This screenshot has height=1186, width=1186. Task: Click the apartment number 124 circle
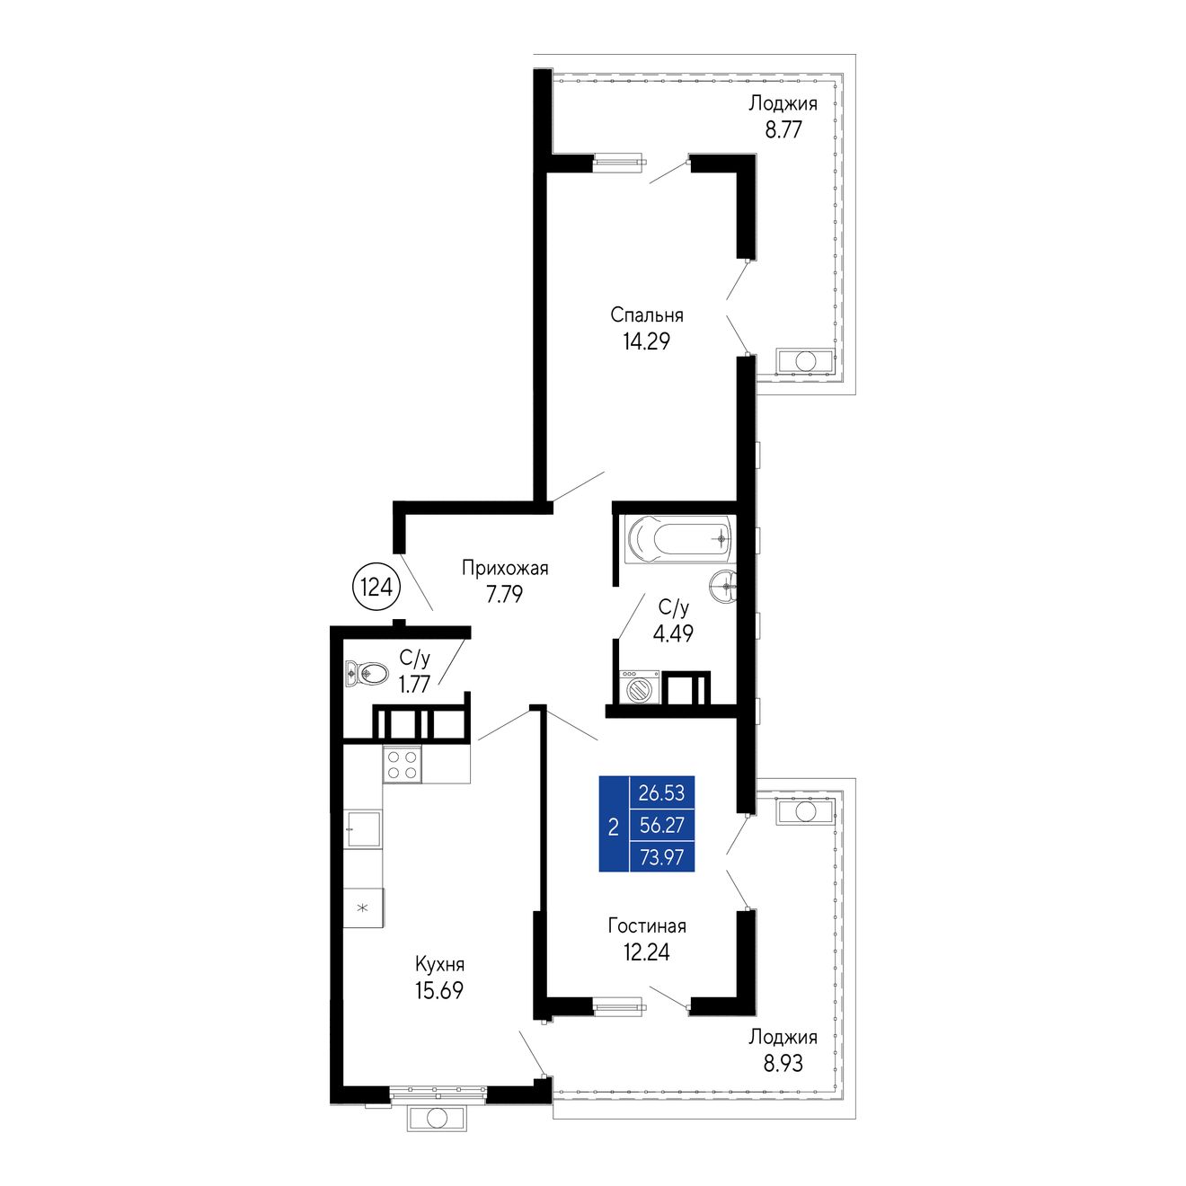[x=376, y=588]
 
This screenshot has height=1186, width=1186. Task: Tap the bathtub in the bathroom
[x=678, y=539]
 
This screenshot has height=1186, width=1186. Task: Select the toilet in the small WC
[x=367, y=673]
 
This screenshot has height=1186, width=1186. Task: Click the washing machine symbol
[x=640, y=687]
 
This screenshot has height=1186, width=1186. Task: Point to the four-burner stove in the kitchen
[x=402, y=764]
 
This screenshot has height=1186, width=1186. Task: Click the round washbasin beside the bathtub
[x=724, y=586]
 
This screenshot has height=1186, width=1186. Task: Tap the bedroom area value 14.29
[x=646, y=341]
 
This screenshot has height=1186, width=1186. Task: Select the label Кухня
[x=439, y=963]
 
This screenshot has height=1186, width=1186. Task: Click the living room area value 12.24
[x=646, y=952]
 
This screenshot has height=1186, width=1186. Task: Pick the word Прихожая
[x=505, y=568]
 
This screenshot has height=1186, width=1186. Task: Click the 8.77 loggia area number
[x=783, y=130]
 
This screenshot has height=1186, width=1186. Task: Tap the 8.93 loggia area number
[x=783, y=1063]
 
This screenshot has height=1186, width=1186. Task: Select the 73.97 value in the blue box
[x=661, y=857]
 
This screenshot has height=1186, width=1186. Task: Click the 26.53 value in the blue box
[x=661, y=792]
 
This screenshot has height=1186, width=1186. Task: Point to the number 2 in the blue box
[x=613, y=827]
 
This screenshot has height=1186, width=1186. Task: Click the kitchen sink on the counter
[x=363, y=829]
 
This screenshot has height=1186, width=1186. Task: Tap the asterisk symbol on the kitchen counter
[x=363, y=907]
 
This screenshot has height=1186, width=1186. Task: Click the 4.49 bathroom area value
[x=673, y=633]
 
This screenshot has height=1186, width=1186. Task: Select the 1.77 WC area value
[x=414, y=685]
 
